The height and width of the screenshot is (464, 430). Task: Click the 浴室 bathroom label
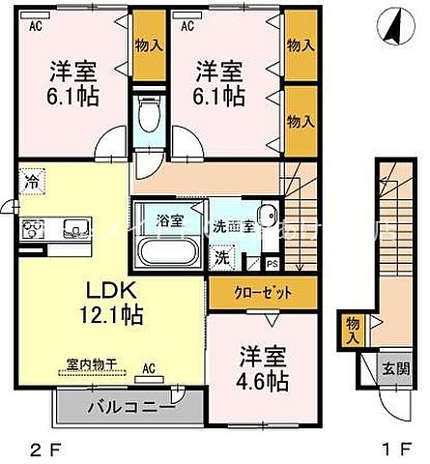(170, 218)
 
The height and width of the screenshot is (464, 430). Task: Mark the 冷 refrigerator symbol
(32, 181)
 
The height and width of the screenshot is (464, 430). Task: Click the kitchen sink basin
(72, 229)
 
